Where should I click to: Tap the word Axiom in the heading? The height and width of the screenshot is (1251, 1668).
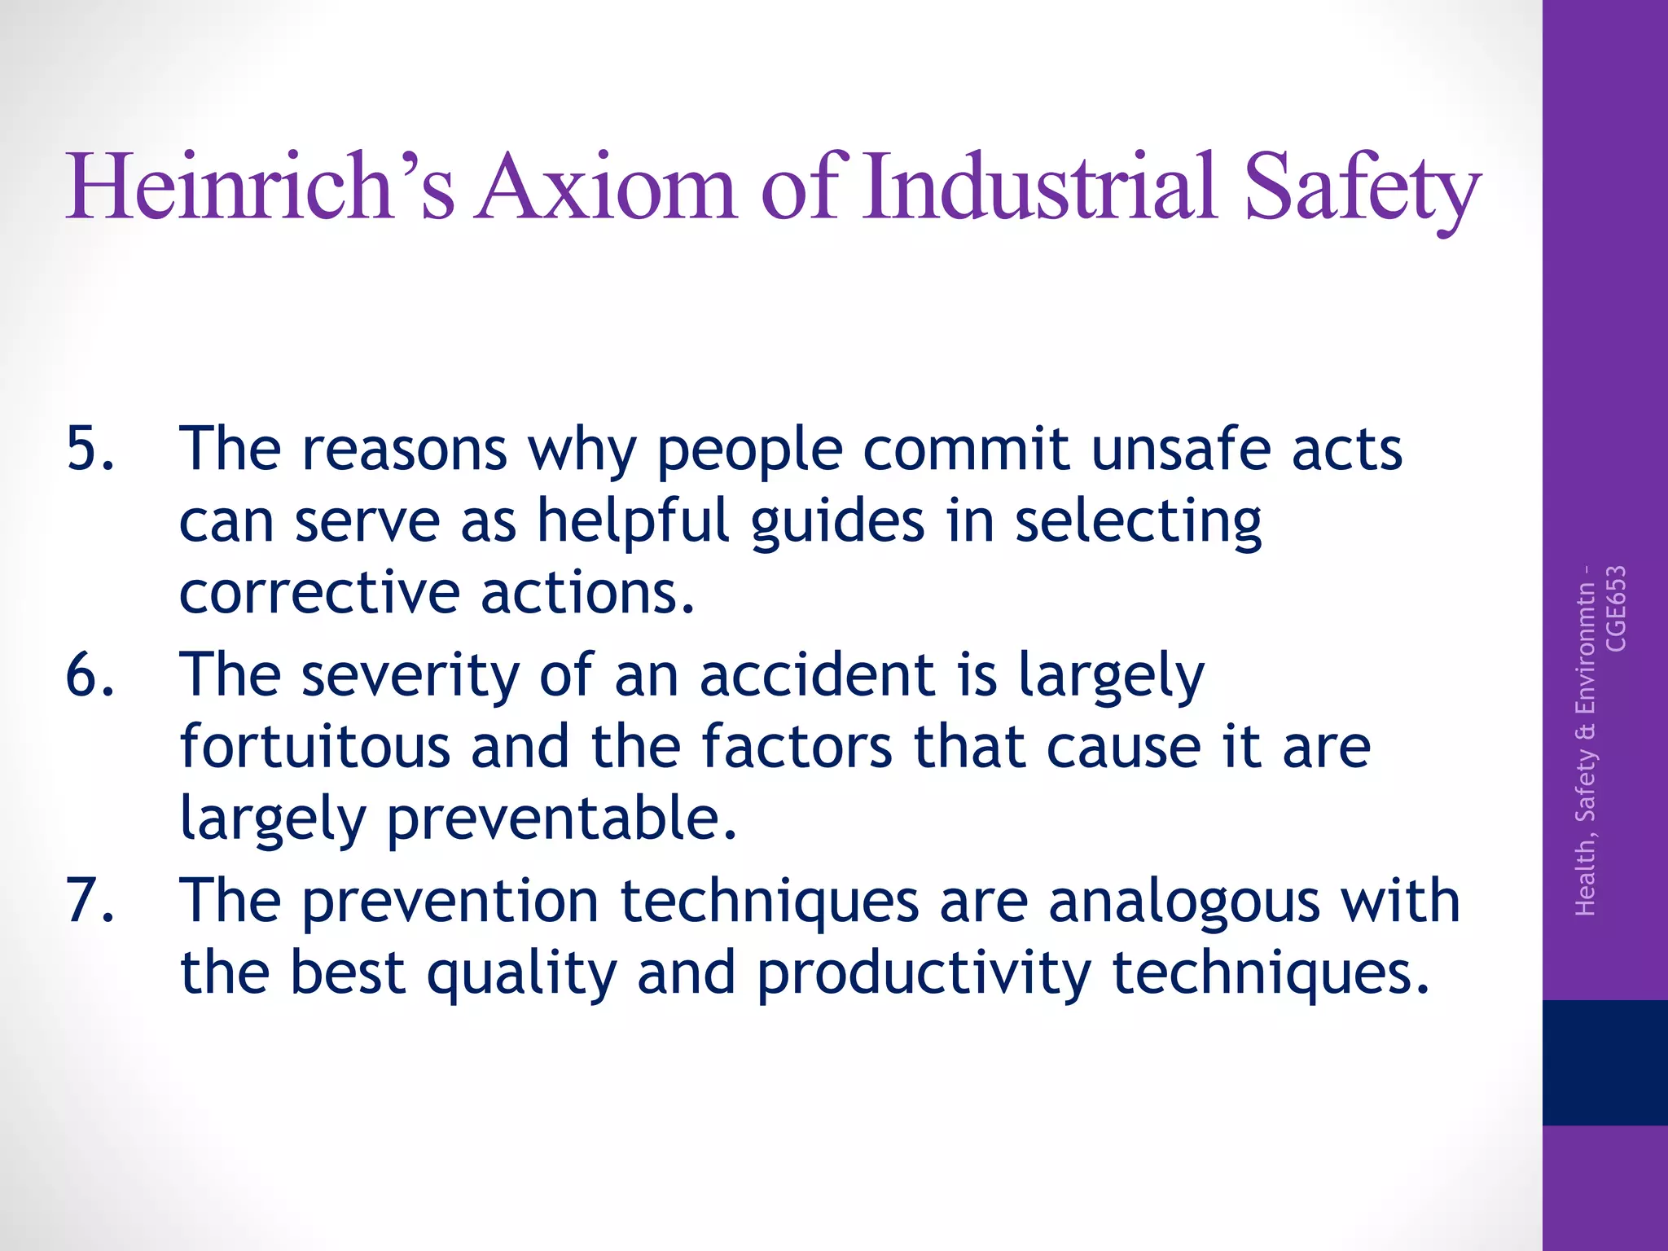(607, 187)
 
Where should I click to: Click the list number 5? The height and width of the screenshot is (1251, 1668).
(90, 449)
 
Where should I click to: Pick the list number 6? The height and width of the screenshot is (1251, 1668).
(90, 675)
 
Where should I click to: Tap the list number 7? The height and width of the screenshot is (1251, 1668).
(90, 901)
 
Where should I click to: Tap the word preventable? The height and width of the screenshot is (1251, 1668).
(562, 819)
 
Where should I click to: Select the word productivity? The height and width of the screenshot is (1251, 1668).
(924, 974)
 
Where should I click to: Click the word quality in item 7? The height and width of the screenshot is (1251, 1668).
(521, 974)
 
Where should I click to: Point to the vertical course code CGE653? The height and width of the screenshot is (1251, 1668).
(1615, 609)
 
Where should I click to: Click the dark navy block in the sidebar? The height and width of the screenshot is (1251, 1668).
(1604, 1062)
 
